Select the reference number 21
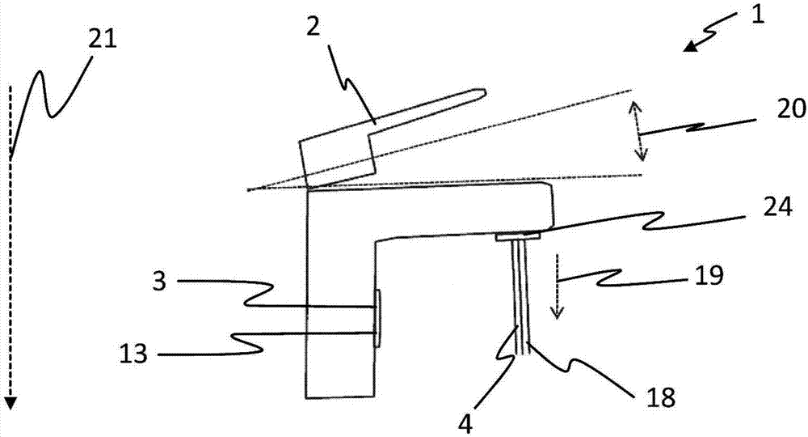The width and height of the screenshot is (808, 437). (103, 40)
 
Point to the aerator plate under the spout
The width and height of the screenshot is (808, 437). (518, 236)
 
